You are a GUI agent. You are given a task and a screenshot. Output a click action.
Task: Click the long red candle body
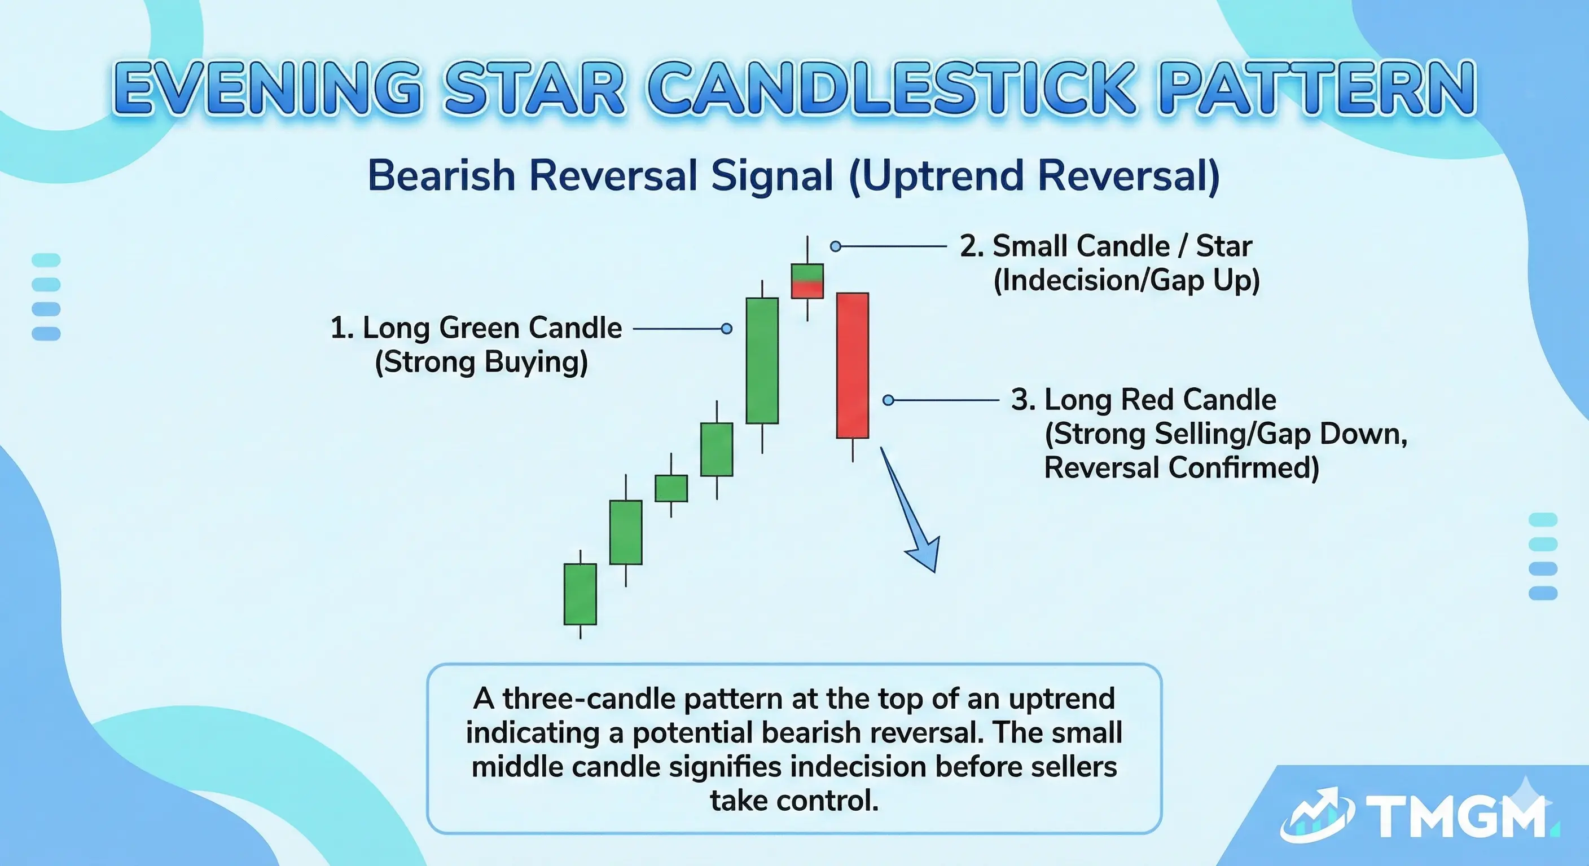point(853,365)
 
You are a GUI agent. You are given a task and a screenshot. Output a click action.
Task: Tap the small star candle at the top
point(807,281)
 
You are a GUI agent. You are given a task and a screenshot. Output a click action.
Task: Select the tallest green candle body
point(762,361)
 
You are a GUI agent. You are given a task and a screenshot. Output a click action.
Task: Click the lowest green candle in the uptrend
point(580,594)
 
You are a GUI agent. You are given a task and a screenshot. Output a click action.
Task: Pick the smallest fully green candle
point(671,488)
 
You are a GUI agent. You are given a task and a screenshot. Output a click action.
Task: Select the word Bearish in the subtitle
point(441,176)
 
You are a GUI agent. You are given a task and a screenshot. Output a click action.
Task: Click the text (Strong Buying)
point(481,362)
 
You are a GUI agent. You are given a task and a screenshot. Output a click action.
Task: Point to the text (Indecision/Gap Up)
point(1126,280)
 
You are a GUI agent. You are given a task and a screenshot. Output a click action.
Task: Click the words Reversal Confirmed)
point(1181,467)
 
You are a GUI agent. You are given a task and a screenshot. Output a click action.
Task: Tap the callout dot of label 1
point(727,329)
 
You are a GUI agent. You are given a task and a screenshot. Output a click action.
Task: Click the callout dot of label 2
point(835,246)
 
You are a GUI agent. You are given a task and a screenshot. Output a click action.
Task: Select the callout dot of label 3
point(888,400)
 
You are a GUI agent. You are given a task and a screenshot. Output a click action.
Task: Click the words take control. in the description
point(794,801)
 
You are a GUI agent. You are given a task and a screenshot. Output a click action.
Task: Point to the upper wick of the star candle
point(807,250)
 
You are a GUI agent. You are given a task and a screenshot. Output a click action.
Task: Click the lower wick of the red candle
point(853,449)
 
